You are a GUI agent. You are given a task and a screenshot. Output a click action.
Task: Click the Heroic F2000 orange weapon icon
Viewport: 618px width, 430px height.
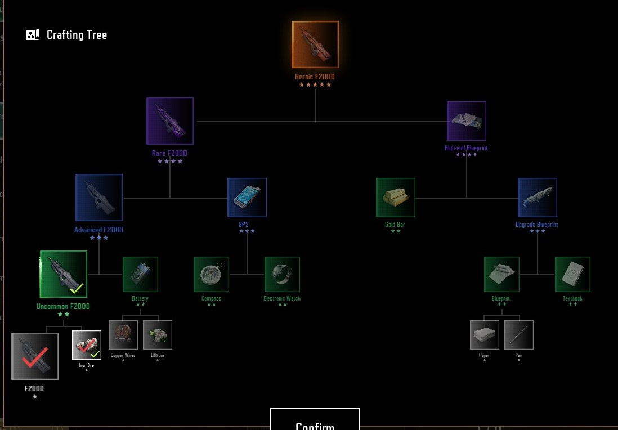pos(315,44)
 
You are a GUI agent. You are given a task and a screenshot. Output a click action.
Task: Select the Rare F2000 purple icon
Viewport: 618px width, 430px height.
pos(170,120)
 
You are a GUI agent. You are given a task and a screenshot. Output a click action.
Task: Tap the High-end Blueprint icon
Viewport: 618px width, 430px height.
pos(467,120)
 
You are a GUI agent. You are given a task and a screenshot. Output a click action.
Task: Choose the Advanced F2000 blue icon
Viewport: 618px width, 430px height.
pos(99,197)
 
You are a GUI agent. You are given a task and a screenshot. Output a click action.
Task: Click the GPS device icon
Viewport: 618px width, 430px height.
pos(247,198)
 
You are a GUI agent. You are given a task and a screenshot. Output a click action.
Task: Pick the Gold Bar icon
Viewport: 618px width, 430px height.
pos(396,198)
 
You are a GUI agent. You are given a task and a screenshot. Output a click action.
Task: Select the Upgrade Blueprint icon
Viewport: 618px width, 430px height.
pos(538,198)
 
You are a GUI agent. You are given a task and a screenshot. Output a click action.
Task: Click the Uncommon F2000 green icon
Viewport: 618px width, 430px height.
pos(64,274)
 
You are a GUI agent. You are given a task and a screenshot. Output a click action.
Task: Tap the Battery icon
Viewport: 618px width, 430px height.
pos(140,274)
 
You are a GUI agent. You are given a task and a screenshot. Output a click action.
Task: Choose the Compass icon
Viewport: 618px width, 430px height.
pos(211,274)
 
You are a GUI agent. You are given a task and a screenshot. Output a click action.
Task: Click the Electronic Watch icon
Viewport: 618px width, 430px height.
pos(282,274)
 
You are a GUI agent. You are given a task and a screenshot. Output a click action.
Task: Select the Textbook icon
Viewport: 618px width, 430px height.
pos(572,274)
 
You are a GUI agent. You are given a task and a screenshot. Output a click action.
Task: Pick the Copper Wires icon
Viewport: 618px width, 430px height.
pos(123,335)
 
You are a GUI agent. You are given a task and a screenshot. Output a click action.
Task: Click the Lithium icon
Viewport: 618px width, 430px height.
pos(158,335)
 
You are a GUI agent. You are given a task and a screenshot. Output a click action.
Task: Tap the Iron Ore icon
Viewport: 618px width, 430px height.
pos(87,345)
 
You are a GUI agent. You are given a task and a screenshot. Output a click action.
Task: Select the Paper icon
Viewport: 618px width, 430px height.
pos(485,335)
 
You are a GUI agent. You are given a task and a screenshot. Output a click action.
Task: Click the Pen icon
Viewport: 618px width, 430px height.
pos(519,335)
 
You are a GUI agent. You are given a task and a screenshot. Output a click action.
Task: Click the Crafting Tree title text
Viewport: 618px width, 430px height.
pos(77,35)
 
